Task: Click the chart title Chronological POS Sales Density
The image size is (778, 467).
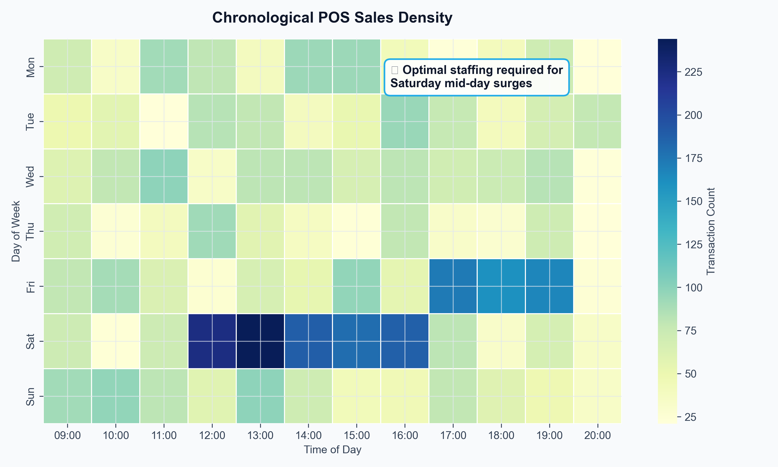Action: [x=332, y=18]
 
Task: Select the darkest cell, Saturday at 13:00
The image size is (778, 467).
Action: [x=260, y=341]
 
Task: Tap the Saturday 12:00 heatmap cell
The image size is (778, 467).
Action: [x=212, y=341]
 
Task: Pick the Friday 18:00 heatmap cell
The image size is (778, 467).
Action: [x=501, y=286]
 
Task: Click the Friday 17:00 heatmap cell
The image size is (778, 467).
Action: [x=453, y=286]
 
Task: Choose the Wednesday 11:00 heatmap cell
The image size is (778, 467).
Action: [x=164, y=176]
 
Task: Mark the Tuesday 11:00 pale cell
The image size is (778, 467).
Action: [x=164, y=121]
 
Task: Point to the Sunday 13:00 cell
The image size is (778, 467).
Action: [x=260, y=396]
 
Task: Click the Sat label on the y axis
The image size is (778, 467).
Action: [x=30, y=341]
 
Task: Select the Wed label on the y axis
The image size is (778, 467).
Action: [x=30, y=176]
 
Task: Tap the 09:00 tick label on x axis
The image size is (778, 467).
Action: [x=67, y=436]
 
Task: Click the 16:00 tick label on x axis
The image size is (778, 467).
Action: [x=405, y=436]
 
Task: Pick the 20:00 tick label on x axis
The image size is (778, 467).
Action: [x=598, y=436]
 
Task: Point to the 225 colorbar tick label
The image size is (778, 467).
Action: [x=693, y=72]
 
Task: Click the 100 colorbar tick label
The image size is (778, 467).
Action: [x=693, y=288]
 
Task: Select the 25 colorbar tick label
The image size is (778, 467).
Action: [x=691, y=417]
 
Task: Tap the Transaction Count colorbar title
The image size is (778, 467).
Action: [x=711, y=231]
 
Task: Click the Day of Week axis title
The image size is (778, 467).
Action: [x=16, y=231]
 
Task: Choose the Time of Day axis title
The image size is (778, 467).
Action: [x=332, y=450]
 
